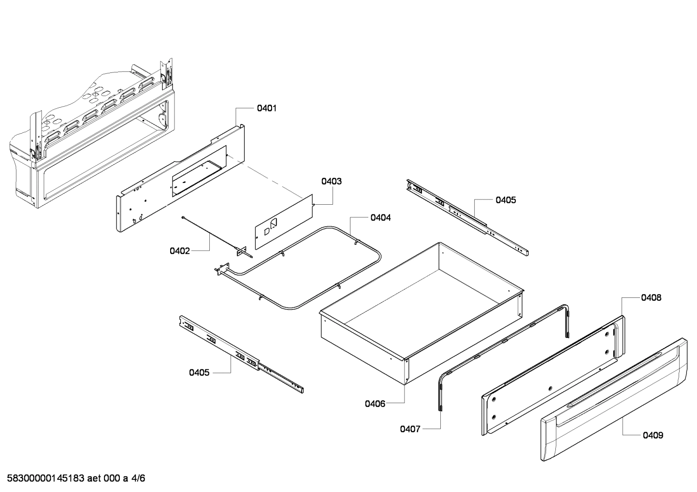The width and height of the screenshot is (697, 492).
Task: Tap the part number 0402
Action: click(179, 251)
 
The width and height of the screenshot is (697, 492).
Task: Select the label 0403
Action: click(332, 182)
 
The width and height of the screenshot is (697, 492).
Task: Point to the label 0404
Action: click(381, 218)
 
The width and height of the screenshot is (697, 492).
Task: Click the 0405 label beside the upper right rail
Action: click(506, 200)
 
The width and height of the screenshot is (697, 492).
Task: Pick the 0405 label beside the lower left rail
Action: click(200, 372)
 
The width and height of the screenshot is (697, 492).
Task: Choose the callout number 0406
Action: click(375, 404)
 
